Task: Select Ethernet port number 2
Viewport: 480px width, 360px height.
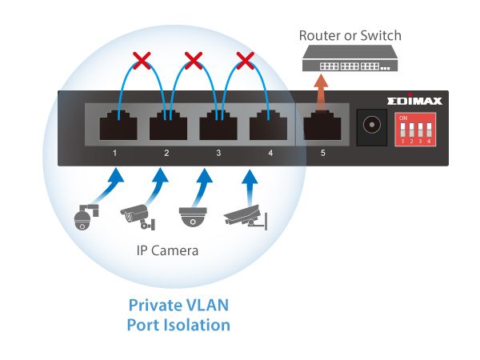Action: pyautogui.click(x=166, y=127)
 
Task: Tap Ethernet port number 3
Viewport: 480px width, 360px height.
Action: pyautogui.click(x=216, y=127)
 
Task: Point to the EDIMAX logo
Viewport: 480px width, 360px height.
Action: pyautogui.click(x=416, y=102)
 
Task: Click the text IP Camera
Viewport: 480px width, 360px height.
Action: pyautogui.click(x=166, y=251)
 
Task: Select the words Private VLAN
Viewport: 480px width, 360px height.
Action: pyautogui.click(x=178, y=305)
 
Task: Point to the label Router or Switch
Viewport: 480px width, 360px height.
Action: pyautogui.click(x=350, y=35)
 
